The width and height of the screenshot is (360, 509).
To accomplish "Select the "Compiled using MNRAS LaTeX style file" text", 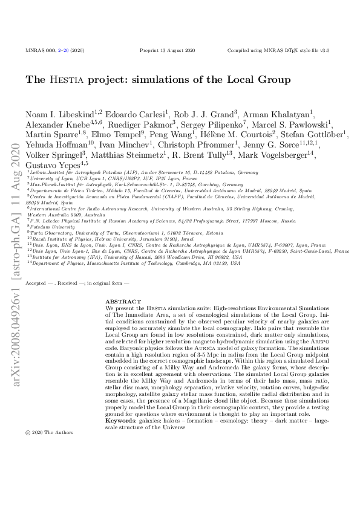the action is [278, 51].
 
